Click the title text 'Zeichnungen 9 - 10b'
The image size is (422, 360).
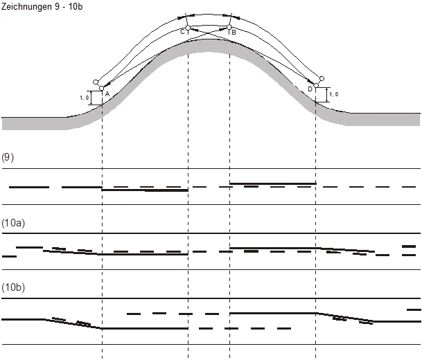click(x=42, y=6)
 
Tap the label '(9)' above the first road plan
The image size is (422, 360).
click(x=8, y=157)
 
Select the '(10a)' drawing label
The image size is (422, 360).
click(x=13, y=223)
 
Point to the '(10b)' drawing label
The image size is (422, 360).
click(x=13, y=287)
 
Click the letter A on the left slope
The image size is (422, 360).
click(x=107, y=94)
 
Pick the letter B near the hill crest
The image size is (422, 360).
click(x=234, y=33)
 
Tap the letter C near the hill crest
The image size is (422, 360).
click(x=182, y=32)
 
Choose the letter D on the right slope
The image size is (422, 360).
click(x=310, y=89)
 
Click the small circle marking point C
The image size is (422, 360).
click(x=188, y=28)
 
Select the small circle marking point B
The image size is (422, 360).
click(x=229, y=27)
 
